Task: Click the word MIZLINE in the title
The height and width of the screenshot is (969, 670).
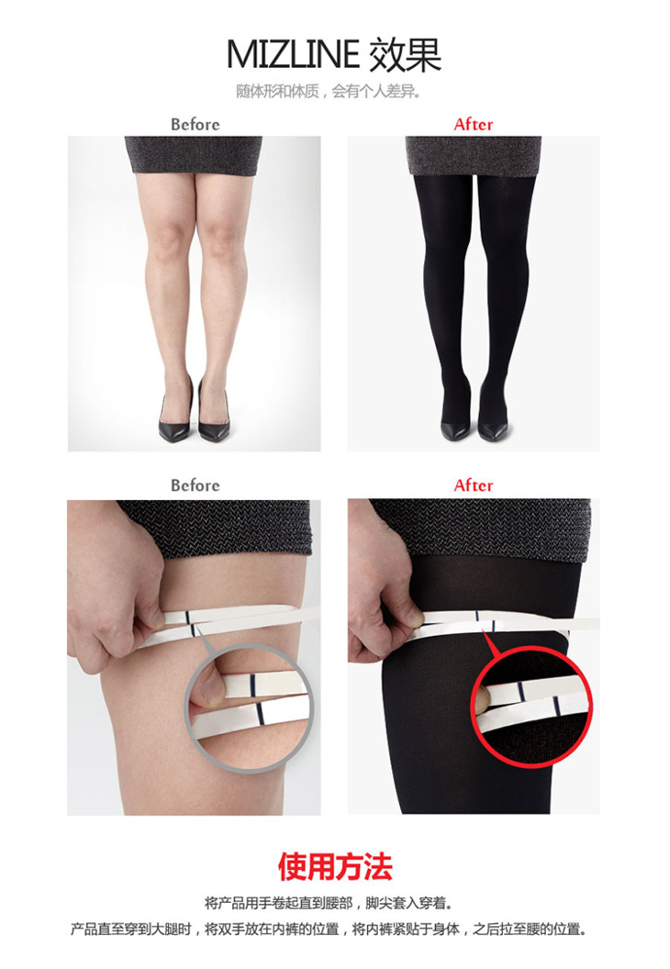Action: tap(293, 54)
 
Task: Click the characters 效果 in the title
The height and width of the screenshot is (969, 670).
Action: tap(406, 54)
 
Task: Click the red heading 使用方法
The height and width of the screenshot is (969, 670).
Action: tap(335, 866)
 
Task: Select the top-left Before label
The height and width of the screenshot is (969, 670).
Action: tap(195, 124)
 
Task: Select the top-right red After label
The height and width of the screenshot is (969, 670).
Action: tap(474, 124)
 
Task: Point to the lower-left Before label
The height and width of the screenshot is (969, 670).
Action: tap(195, 485)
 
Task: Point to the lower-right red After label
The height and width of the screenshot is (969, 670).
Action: tap(474, 485)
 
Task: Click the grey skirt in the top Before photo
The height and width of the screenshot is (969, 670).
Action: tap(194, 155)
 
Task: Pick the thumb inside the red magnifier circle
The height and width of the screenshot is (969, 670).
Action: tap(482, 697)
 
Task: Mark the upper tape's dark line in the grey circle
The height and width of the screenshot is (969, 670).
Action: tap(252, 684)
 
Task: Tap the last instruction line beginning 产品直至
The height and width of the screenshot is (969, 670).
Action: tap(329, 929)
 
